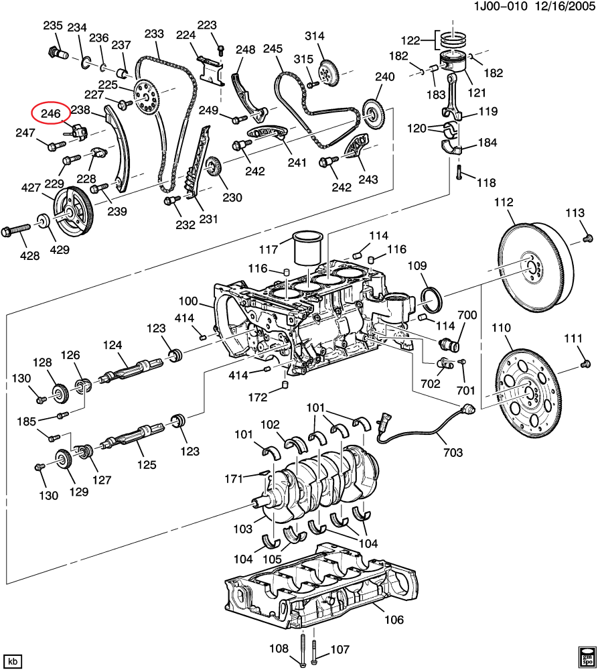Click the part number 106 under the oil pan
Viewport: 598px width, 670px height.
click(394, 620)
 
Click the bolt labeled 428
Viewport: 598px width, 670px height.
click(17, 231)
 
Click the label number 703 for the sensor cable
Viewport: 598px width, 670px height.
click(453, 453)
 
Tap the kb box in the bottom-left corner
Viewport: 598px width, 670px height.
click(13, 660)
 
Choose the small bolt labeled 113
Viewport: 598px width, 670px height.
click(587, 237)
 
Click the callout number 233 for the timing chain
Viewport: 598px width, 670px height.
click(154, 33)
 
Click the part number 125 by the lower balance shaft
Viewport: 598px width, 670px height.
click(147, 464)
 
